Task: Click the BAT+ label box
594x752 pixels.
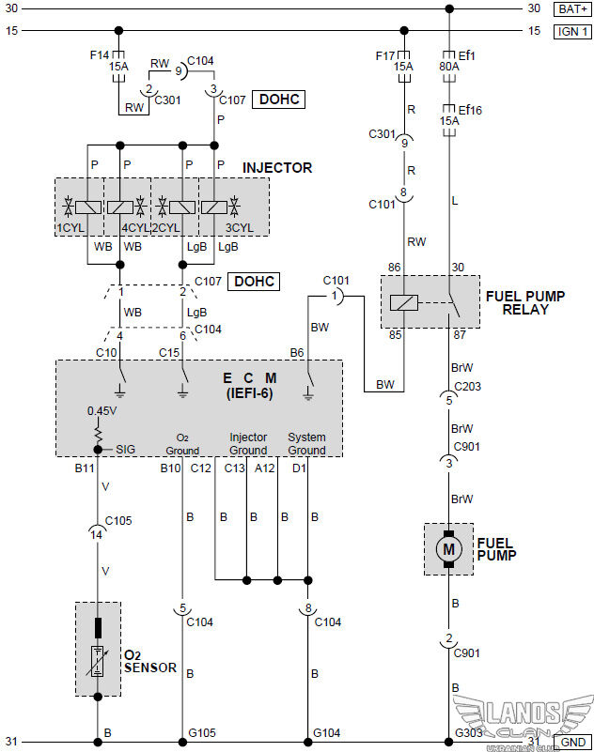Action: [x=571, y=8]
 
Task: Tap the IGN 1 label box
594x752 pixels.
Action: [x=571, y=31]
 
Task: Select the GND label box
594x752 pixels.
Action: [x=572, y=742]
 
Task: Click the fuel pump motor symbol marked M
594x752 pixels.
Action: [x=448, y=548]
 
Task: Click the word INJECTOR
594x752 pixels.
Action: [x=277, y=168]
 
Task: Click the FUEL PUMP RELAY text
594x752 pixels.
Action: [x=524, y=302]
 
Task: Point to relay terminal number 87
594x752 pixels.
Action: [x=461, y=335]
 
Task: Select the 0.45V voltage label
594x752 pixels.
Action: [x=101, y=410]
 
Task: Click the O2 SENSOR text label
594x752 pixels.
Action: [x=149, y=661]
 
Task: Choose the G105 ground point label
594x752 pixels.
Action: [x=201, y=732]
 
